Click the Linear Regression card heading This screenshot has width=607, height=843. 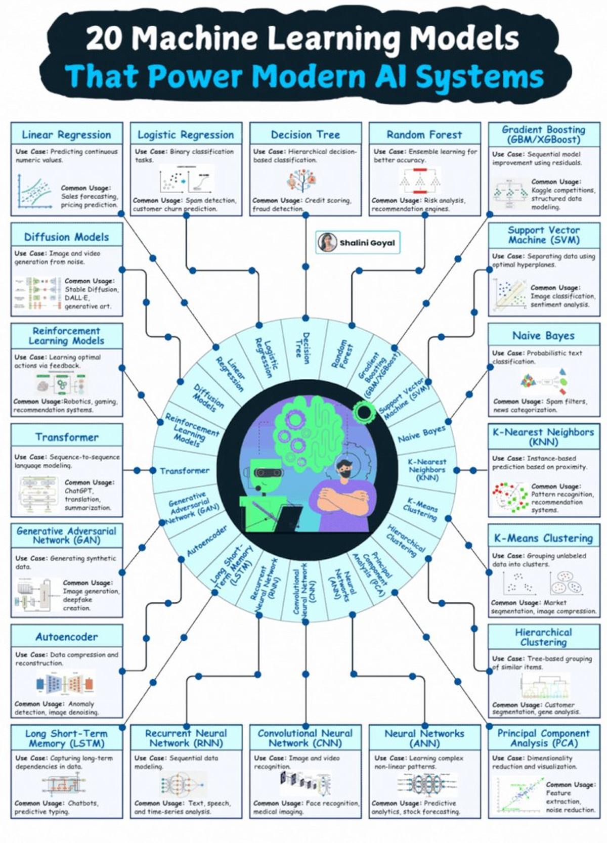coord(66,135)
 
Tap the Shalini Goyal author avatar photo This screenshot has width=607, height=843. coord(327,242)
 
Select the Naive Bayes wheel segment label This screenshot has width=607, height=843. coord(421,434)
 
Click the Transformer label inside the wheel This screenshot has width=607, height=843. coord(185,471)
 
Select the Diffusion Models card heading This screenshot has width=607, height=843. coord(66,237)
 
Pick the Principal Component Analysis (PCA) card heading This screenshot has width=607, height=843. coord(543,738)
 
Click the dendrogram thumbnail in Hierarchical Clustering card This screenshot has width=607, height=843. coord(544,687)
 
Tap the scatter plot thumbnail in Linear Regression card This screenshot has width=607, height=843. coord(35,191)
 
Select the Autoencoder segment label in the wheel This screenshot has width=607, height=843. coord(206,541)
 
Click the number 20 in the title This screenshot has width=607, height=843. coord(103,38)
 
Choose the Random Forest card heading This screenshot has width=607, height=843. coord(424,135)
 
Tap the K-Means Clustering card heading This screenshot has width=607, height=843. coord(543,538)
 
